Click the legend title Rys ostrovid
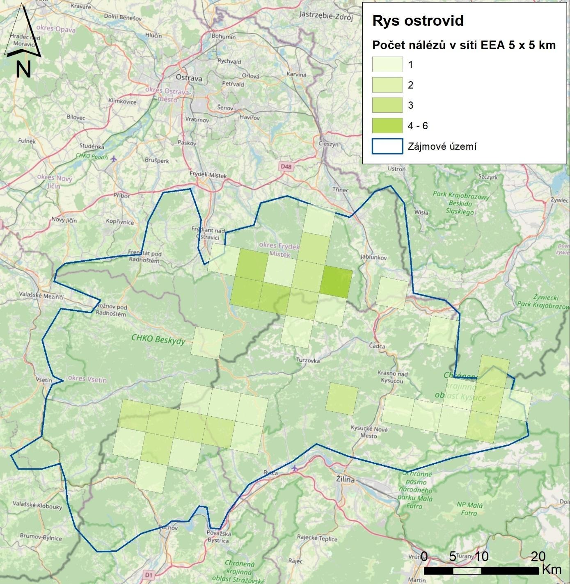[418, 21]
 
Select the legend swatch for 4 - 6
[387, 126]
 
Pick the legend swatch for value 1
[387, 65]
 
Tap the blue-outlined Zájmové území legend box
[387, 146]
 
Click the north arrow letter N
[23, 70]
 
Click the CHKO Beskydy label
[158, 340]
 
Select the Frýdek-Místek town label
[208, 175]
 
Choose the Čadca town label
[377, 346]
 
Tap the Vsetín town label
[44, 380]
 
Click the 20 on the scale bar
[538, 557]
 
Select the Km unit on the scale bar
[551, 569]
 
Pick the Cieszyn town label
[329, 144]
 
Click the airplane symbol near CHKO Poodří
[114, 158]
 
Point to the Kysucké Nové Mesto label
[369, 432]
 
